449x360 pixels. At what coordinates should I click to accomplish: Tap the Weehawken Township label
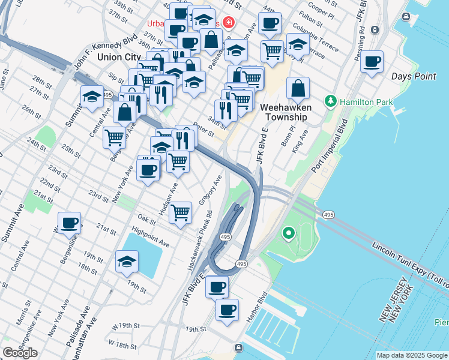(x=285, y=112)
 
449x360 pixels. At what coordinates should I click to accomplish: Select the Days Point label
(x=414, y=76)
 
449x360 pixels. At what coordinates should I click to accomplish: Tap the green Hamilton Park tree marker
(x=330, y=101)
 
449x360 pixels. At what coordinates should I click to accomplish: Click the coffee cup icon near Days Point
(x=372, y=61)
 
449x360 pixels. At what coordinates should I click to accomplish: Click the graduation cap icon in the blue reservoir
(x=127, y=262)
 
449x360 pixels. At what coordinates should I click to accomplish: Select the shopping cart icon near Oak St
(x=180, y=212)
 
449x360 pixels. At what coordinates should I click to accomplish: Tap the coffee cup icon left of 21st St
(x=70, y=223)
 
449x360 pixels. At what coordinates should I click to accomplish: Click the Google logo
(x=20, y=353)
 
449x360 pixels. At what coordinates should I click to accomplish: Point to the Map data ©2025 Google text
(x=412, y=355)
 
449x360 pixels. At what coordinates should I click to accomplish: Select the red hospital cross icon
(x=228, y=23)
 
